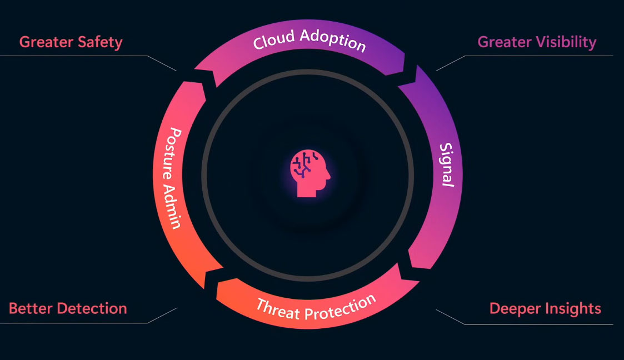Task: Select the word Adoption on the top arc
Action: (333, 41)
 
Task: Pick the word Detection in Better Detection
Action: (92, 308)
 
